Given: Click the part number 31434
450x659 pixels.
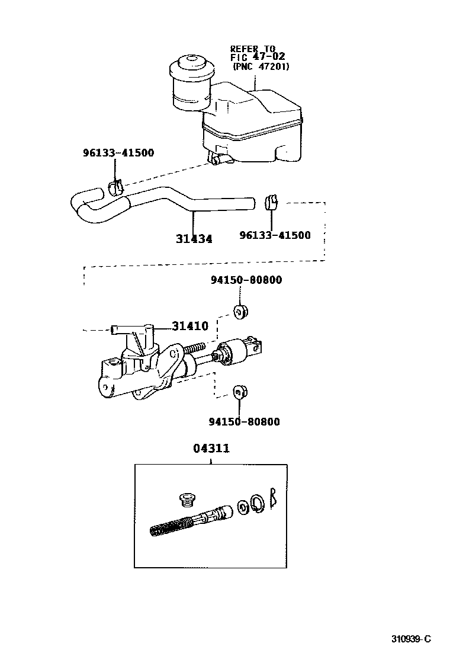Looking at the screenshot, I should [x=194, y=239].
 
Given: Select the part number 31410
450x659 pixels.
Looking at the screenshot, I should [x=190, y=326].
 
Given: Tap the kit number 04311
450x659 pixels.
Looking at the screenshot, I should [x=211, y=449].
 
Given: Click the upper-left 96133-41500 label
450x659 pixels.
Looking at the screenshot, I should [x=118, y=153].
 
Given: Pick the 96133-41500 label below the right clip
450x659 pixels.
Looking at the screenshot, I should [x=275, y=235].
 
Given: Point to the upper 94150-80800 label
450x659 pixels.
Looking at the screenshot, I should [x=246, y=280].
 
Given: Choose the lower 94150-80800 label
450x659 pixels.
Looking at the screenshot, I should [x=244, y=422].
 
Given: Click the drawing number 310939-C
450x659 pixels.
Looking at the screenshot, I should [x=411, y=639].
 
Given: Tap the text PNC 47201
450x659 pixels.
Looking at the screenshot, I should [x=261, y=67].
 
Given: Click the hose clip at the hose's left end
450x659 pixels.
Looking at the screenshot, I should [x=116, y=187].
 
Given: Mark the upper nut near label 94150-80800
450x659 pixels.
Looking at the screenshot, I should [x=240, y=311].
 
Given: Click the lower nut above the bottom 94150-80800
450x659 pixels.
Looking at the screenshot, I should [x=240, y=391].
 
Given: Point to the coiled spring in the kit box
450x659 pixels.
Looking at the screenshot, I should [x=168, y=526].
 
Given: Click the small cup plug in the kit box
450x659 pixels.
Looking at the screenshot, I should [x=187, y=500].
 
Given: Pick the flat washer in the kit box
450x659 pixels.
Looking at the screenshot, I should [x=242, y=507].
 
